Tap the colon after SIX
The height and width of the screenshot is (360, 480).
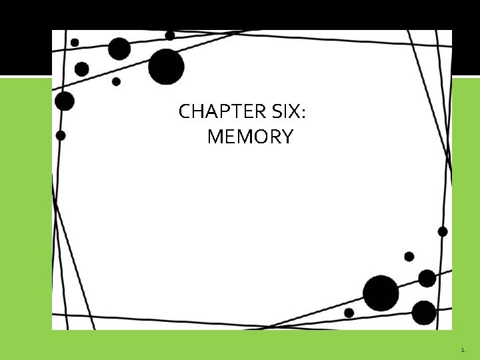304,114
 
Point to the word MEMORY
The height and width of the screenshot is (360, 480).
250,137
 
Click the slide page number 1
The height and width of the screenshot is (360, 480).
463,350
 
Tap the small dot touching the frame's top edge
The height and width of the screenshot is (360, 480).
170,35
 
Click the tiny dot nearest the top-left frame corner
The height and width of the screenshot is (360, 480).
75,42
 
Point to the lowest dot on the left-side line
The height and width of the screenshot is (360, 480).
61,135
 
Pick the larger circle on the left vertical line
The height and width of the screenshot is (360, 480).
65,101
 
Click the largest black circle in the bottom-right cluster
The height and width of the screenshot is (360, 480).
381,293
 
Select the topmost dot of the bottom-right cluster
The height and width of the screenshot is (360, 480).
443,231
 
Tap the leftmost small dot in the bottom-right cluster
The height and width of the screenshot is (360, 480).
349,313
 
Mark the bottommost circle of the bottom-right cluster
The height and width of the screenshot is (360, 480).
424,312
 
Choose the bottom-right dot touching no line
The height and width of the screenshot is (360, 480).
409,256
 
